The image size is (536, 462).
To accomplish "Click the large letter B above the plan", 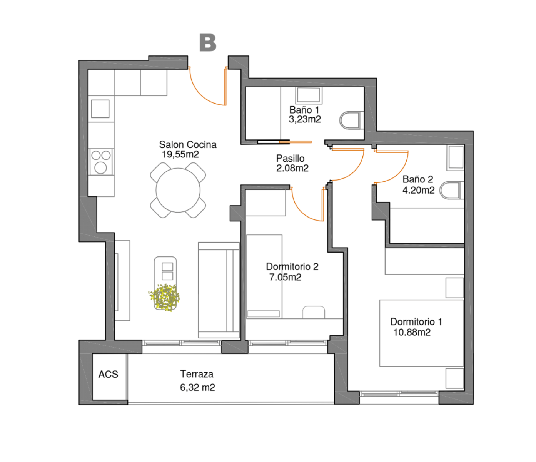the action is pos(208,42).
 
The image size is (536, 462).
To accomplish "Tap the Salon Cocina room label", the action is pos(188,144).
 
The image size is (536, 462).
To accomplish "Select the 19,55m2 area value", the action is pos(180,154).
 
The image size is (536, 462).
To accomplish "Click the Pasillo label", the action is pos(290,158).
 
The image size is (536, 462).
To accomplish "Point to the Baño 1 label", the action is pos(304,110).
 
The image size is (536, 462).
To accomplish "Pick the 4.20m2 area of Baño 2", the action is pos(418,190).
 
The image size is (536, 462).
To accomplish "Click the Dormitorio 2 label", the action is pos(292,267).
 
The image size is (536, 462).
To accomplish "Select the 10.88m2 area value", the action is pos(412,332).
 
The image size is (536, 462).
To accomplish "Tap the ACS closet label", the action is pos(108,374).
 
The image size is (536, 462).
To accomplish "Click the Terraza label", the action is pos(197,374).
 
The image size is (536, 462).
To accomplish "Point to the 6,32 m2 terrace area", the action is pos(197,388).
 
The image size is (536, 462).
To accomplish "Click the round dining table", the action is pos(178,190).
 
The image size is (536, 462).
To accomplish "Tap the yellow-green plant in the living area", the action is pos(164,297).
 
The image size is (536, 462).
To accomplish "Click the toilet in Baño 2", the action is pos(451,190).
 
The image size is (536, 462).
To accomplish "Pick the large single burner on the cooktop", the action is pos(100,168).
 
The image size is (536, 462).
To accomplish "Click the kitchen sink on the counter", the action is pos(100,109).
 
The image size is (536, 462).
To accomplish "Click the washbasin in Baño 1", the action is pos(308,95).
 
